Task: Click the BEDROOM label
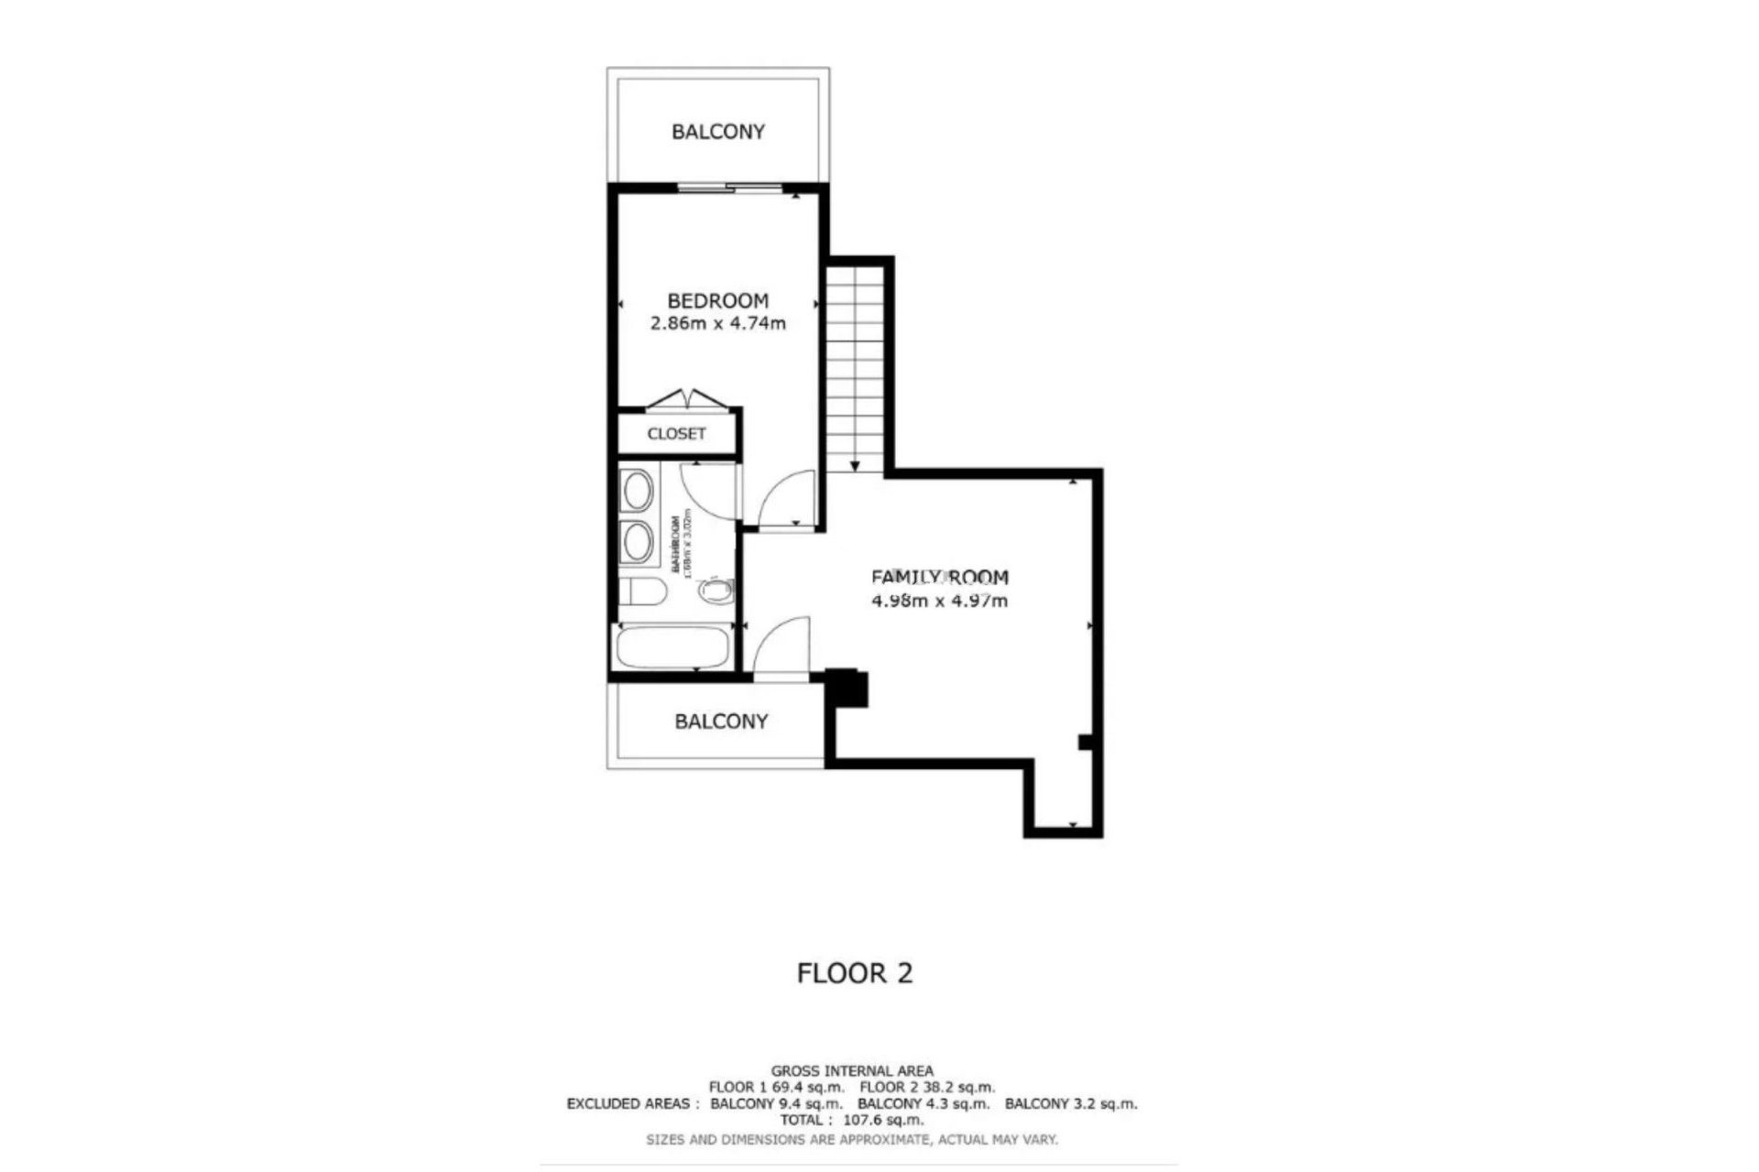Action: pos(717,300)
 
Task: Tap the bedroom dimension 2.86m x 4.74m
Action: pos(717,323)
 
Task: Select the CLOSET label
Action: pos(676,433)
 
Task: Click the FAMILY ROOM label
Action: pos(939,577)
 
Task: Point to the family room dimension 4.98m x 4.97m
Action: pos(939,601)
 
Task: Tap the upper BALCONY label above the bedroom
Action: pos(717,132)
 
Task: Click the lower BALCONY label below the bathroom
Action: pos(721,722)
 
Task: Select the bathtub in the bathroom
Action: pos(672,648)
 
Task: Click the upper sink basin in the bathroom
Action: pos(637,492)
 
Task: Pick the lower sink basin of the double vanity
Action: pos(637,541)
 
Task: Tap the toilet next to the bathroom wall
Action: pos(641,593)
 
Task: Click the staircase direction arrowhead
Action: pos(855,466)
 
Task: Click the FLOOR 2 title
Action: pos(854,972)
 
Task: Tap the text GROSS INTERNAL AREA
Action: pos(852,1070)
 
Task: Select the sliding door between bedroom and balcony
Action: pos(730,189)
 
